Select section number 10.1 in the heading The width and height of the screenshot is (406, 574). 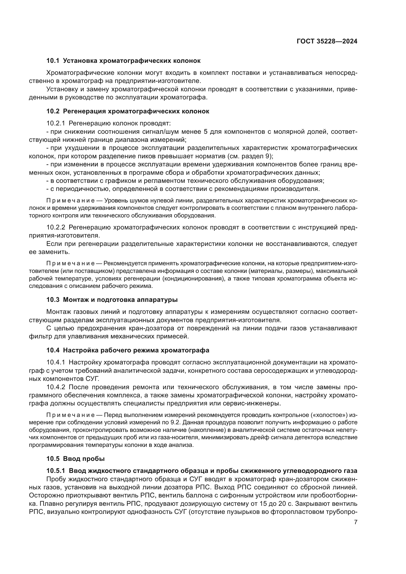point(53,61)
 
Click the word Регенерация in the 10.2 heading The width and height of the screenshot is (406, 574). point(84,111)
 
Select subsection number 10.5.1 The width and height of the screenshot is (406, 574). point(56,471)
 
